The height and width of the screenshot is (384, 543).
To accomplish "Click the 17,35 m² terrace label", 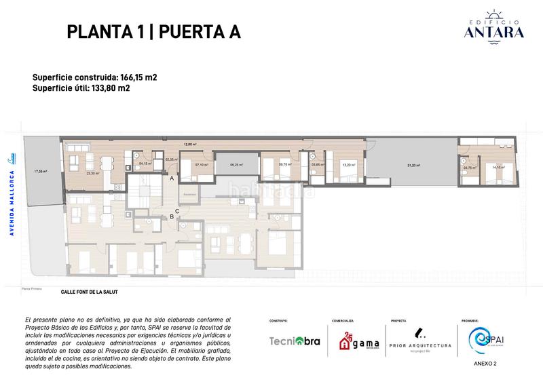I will pyautogui.click(x=41, y=172).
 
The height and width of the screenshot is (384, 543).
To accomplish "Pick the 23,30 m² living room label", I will pyautogui.click(x=93, y=173).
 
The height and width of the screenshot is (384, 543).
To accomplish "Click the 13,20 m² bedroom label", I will pyautogui.click(x=348, y=164).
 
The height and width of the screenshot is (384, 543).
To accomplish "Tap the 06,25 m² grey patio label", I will pyautogui.click(x=236, y=164).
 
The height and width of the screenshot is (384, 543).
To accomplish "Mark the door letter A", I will pyautogui.click(x=172, y=178).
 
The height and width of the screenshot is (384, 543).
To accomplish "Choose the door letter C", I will pyautogui.click(x=177, y=211).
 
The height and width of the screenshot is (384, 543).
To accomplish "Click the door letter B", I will pyautogui.click(x=172, y=217).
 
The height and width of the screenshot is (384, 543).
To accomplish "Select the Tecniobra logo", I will pyautogui.click(x=295, y=341).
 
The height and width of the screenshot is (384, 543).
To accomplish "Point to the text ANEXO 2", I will pyautogui.click(x=485, y=364).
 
